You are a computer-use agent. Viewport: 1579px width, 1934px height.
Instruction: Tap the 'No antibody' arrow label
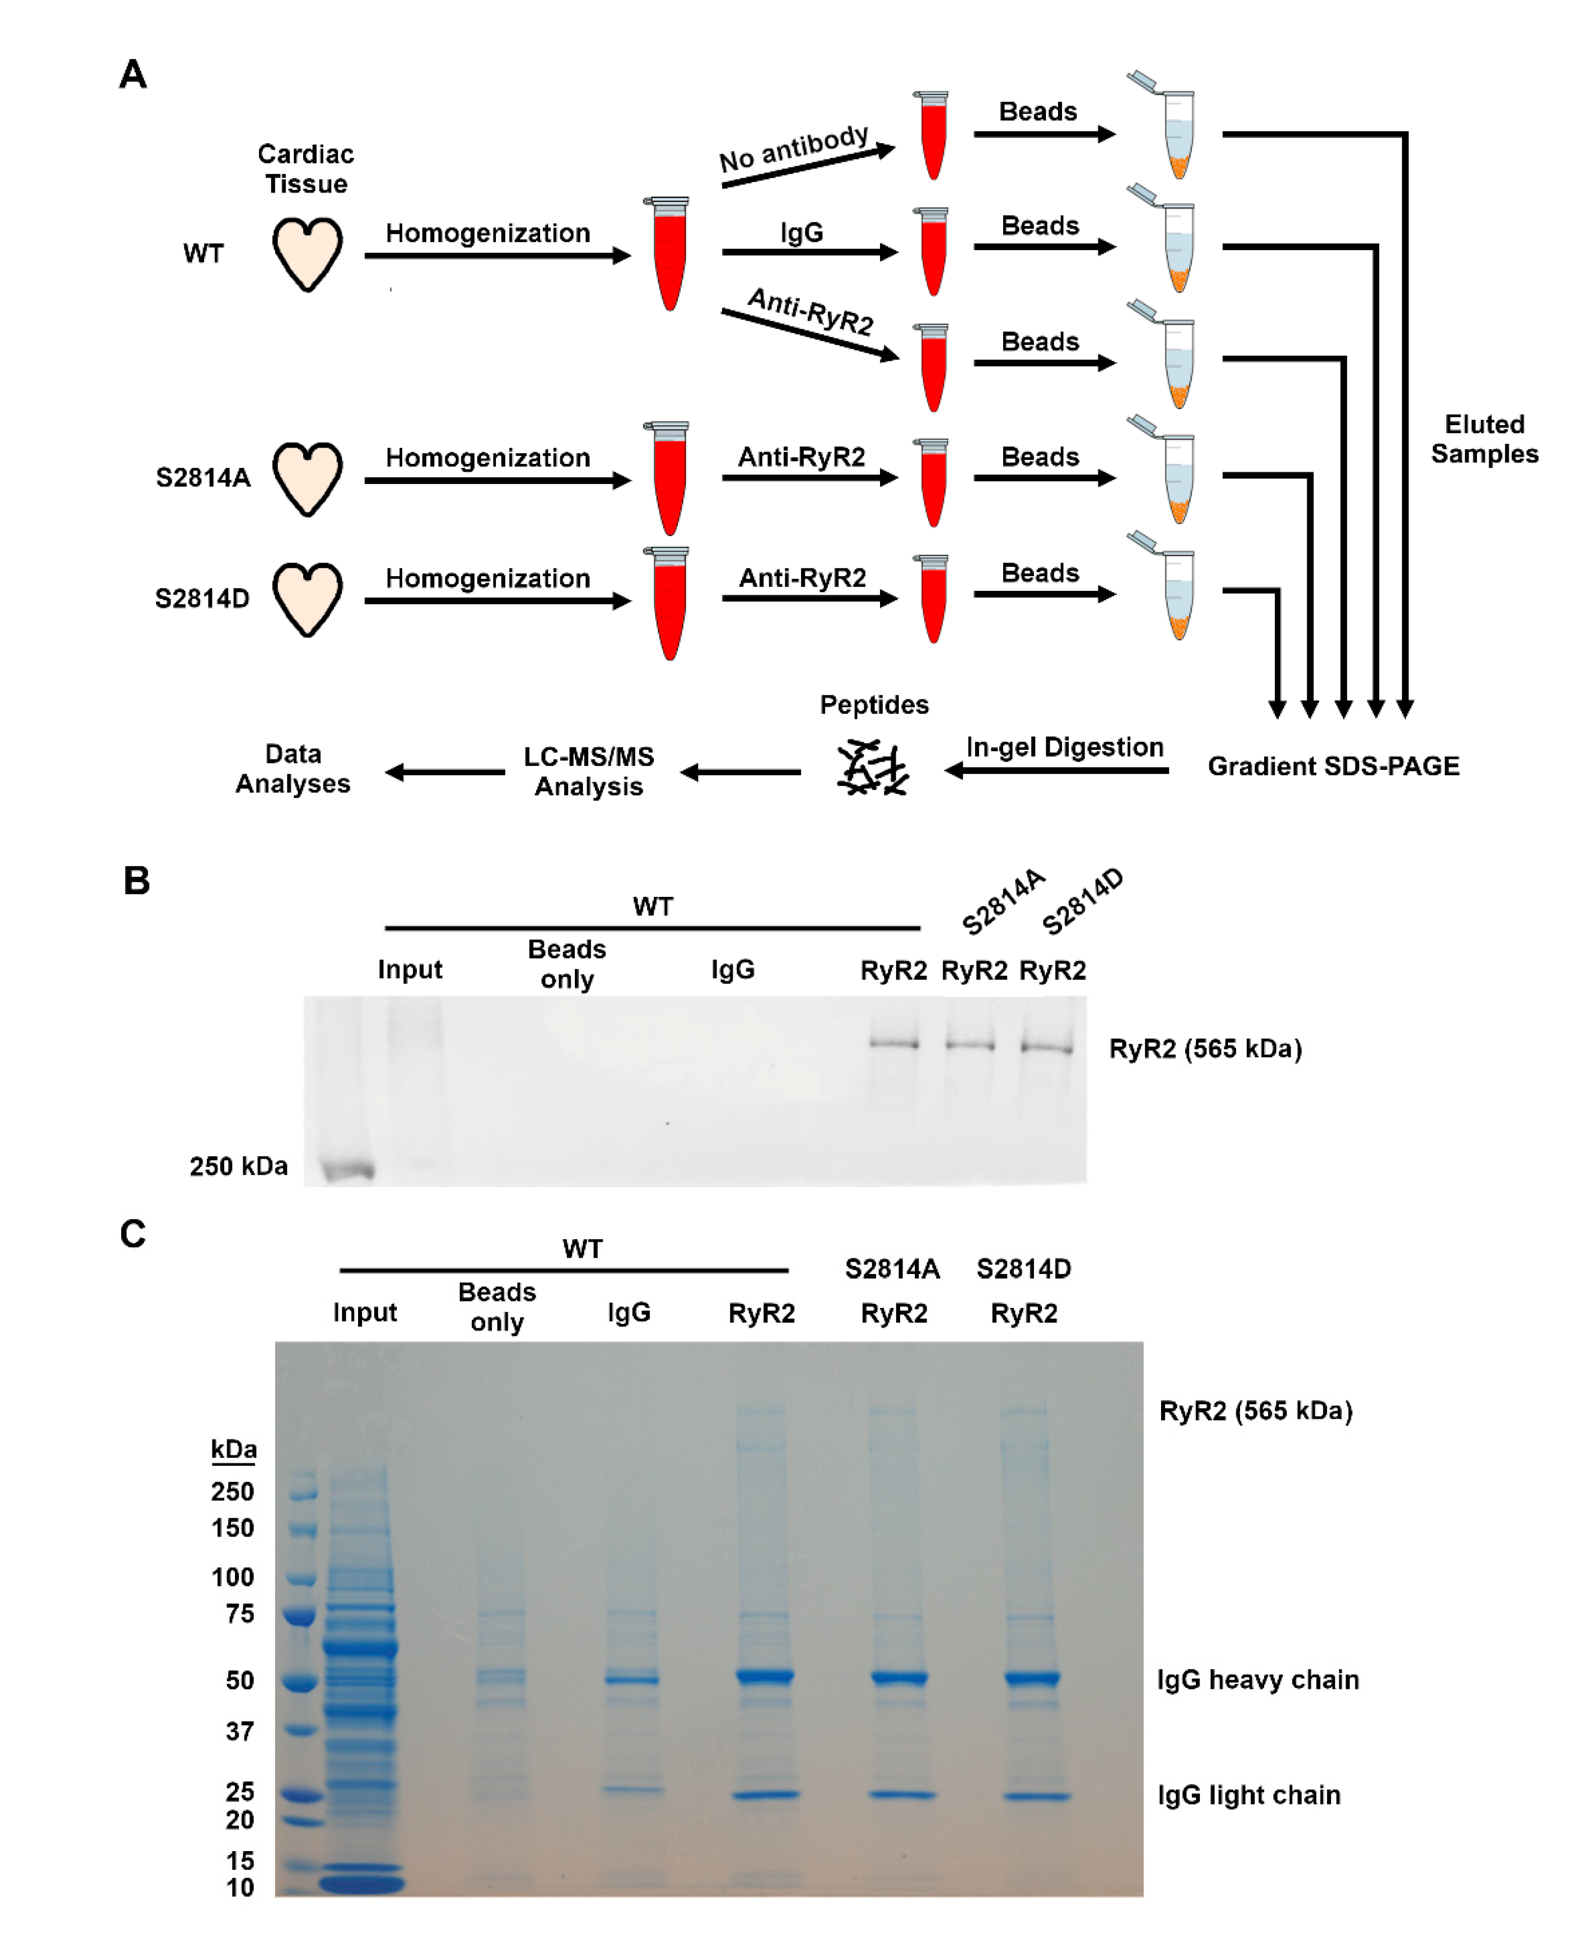click(x=794, y=148)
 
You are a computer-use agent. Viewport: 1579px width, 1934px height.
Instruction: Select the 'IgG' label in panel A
click(x=802, y=233)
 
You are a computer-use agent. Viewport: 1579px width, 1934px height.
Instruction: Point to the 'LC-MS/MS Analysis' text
click(x=589, y=771)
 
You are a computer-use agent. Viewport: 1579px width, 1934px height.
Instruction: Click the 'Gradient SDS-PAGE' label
click(x=1333, y=766)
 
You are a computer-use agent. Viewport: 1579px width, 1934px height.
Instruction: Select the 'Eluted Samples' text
click(x=1484, y=439)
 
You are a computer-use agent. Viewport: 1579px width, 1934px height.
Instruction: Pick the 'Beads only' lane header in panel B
click(x=567, y=964)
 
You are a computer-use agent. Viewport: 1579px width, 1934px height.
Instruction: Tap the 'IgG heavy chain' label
click(x=1258, y=1680)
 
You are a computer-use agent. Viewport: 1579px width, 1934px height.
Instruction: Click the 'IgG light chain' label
click(x=1249, y=1795)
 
